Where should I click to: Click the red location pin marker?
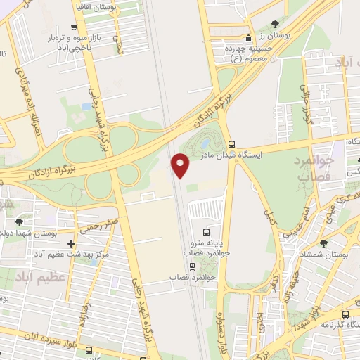[x=181, y=166]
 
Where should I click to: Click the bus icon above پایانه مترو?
[x=206, y=231]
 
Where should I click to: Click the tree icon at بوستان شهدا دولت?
[x=18, y=222]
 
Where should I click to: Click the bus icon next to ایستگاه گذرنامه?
[x=345, y=315]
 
